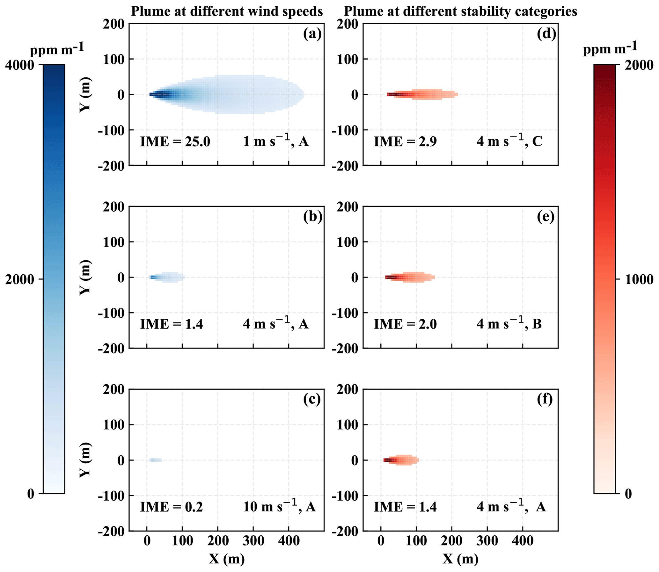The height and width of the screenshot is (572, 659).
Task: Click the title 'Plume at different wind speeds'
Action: tap(227, 12)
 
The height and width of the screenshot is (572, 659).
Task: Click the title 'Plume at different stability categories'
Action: tap(460, 12)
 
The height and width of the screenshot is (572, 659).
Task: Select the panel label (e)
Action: tap(546, 217)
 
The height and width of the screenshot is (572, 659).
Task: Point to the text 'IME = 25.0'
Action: tap(175, 141)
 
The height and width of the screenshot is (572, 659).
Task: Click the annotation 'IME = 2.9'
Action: tap(405, 141)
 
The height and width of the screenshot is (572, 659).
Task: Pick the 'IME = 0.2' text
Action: tap(172, 507)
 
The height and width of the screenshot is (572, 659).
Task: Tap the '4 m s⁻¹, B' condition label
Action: tap(509, 324)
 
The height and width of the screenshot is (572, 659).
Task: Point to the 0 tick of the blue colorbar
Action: tap(31, 494)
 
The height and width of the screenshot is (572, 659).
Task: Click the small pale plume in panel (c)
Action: tap(156, 460)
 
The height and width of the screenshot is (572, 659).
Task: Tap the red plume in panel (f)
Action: tap(401, 460)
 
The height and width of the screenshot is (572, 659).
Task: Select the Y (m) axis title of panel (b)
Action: tap(85, 277)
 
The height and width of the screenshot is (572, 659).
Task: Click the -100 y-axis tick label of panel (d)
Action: tap(346, 130)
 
